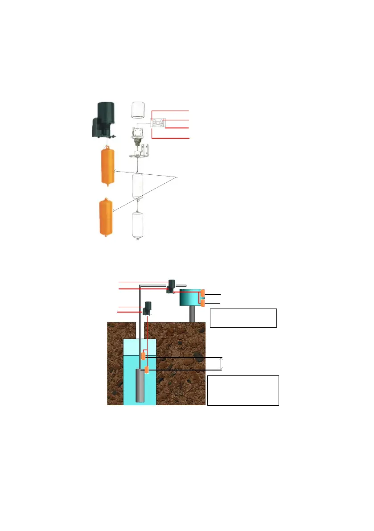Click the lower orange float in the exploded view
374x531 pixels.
coord(106,218)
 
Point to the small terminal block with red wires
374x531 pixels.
coord(159,123)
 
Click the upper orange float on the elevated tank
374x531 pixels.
coord(203,293)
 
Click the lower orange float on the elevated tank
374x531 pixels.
coord(203,303)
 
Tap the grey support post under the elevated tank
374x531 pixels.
coord(192,314)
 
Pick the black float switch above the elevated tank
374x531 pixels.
coord(171,286)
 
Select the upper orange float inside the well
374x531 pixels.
coord(143,356)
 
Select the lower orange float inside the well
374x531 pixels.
coord(146,370)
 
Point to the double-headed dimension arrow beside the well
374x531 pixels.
coord(222,363)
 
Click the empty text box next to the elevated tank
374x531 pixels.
coord(243,318)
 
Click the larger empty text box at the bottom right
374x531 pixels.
coord(243,390)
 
